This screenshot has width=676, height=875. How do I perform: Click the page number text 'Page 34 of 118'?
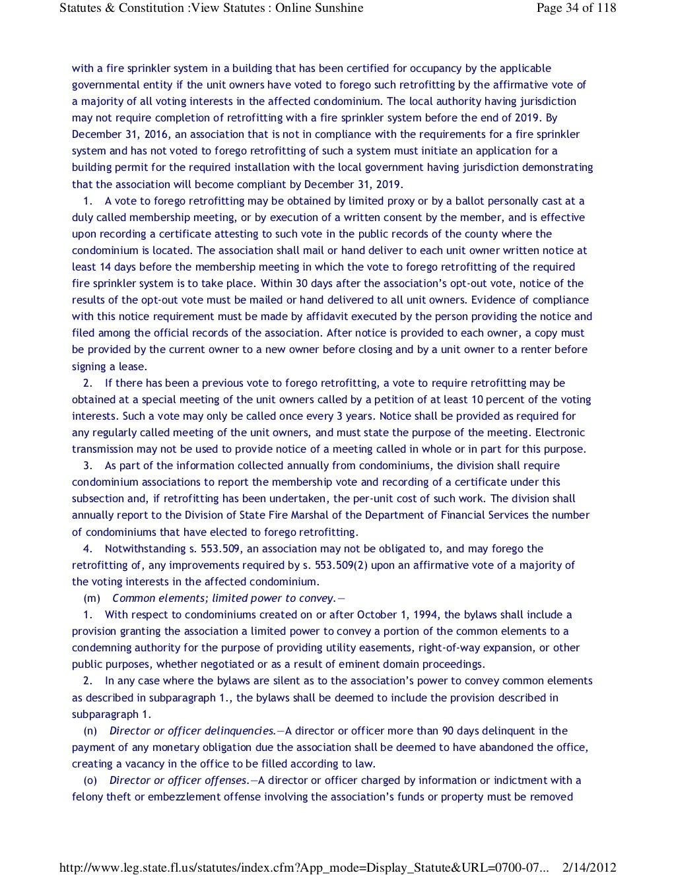(576, 8)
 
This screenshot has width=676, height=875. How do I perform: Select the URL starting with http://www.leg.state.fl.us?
(304, 867)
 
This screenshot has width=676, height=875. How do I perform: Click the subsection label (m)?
(92, 599)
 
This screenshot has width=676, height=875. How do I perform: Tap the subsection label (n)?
(90, 731)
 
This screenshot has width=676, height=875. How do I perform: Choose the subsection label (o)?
(90, 781)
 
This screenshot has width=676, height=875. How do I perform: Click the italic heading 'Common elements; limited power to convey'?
(224, 599)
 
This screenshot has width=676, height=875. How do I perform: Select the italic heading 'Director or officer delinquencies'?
(192, 731)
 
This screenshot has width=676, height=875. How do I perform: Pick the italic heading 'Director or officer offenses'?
(178, 781)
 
